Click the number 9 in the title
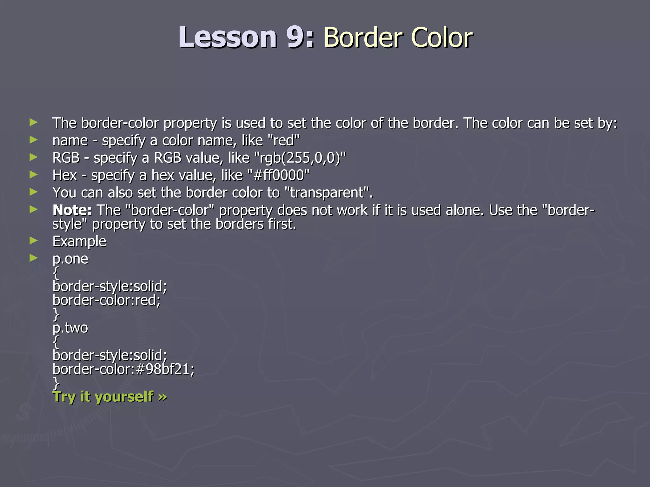pyautogui.click(x=295, y=37)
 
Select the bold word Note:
pyautogui.click(x=72, y=210)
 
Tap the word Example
pyautogui.click(x=79, y=242)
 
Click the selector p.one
pyautogui.click(x=70, y=259)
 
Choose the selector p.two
pyautogui.click(x=70, y=328)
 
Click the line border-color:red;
pyautogui.click(x=107, y=300)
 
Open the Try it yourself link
pyautogui.click(x=109, y=397)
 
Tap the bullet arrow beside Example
pyautogui.click(x=33, y=241)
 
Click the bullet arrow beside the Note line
pyautogui.click(x=33, y=209)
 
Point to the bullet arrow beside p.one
pyautogui.click(x=33, y=258)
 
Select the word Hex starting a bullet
pyautogui.click(x=65, y=175)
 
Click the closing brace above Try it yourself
pyautogui.click(x=56, y=383)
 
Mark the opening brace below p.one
pyautogui.click(x=56, y=273)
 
